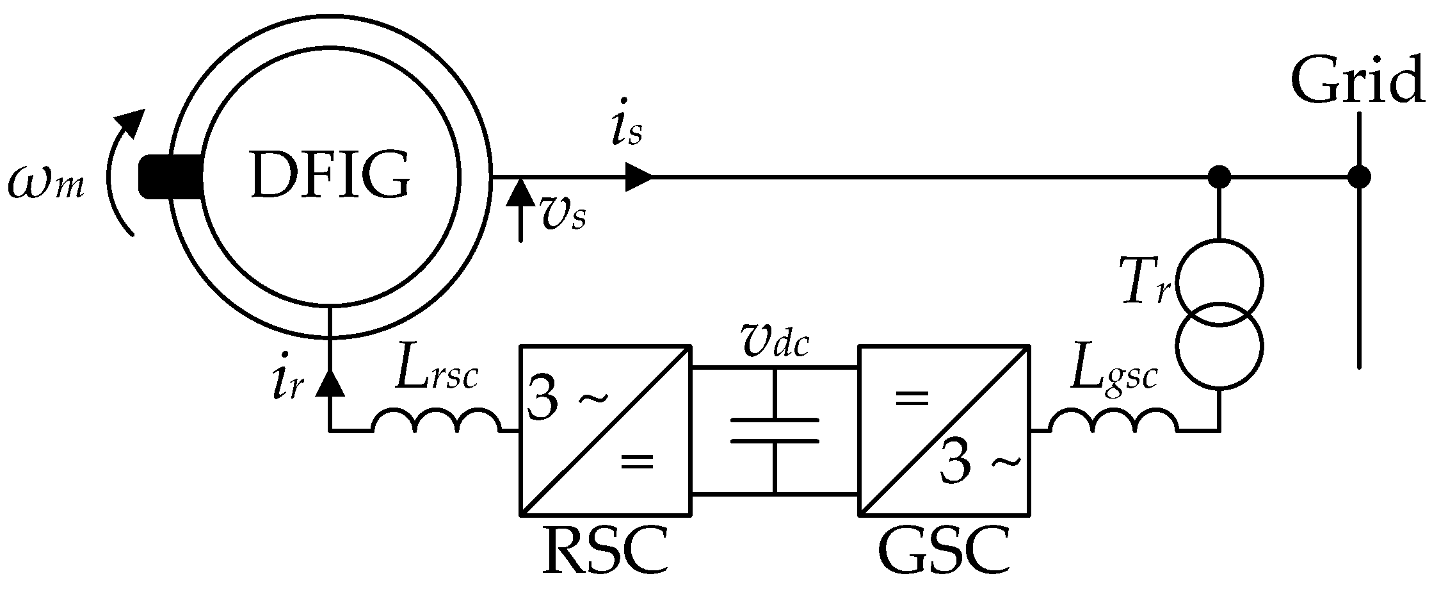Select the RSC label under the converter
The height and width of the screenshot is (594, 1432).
click(x=605, y=551)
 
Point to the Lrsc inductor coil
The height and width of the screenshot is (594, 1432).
click(x=436, y=422)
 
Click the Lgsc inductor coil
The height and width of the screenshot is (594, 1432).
click(x=1113, y=422)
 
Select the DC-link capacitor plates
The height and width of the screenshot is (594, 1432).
click(x=775, y=430)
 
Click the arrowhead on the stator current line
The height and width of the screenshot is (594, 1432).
click(x=638, y=177)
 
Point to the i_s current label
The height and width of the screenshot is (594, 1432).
click(x=625, y=131)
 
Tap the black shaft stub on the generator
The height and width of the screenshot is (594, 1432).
click(x=168, y=177)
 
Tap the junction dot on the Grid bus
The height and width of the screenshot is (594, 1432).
click(x=1358, y=177)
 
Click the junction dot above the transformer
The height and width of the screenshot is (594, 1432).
click(x=1219, y=177)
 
